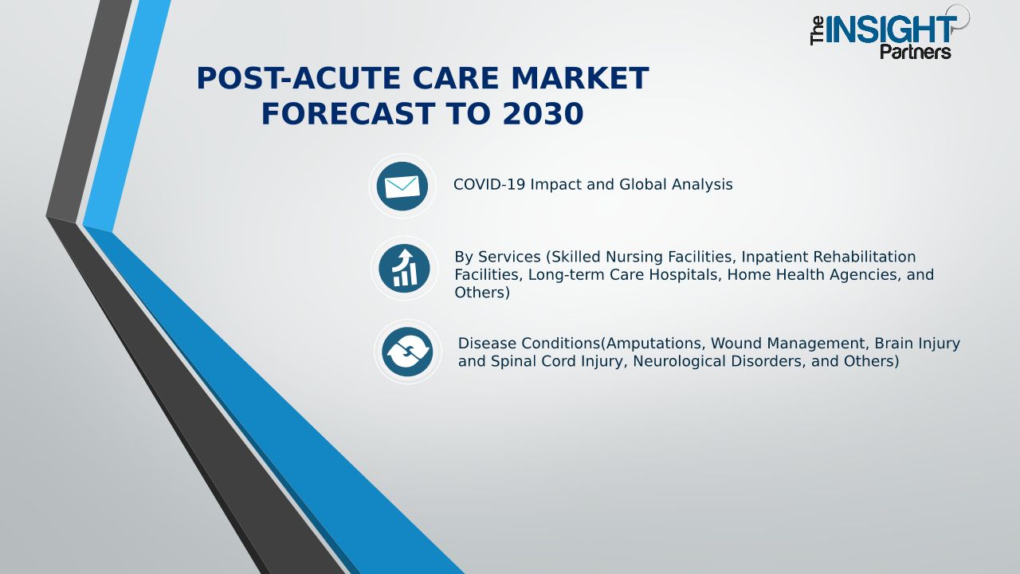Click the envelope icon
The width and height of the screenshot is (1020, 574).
(402, 187)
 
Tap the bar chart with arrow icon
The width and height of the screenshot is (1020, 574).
(404, 269)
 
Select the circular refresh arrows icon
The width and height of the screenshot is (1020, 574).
(407, 352)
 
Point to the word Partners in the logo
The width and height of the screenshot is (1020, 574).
(916, 52)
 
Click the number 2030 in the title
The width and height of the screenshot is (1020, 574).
(543, 113)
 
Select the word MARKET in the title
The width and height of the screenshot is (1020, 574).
(579, 78)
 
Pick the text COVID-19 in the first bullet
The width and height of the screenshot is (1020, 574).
(489, 184)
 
